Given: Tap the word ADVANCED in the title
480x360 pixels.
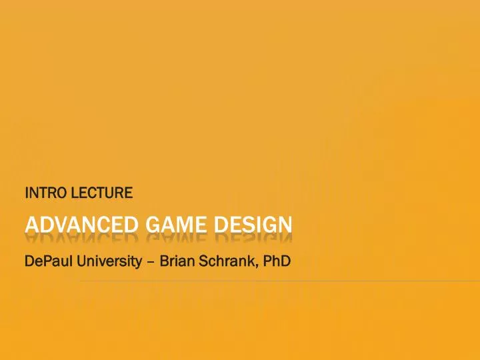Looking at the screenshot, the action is [82, 225].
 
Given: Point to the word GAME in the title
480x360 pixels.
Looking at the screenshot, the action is [176, 225].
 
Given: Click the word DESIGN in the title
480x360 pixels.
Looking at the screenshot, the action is [253, 225].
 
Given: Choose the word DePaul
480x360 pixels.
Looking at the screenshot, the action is [49, 261].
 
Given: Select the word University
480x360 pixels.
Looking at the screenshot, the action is [109, 262].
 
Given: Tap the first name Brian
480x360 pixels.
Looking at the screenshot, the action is [177, 261].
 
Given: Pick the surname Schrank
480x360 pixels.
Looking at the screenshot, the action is [227, 261].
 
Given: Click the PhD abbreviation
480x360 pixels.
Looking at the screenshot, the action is [277, 261].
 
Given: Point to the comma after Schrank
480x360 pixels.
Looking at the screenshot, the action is [257, 266].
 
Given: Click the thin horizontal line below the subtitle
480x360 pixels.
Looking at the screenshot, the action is [280, 281].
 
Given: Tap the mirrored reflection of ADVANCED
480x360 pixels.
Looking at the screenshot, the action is [82, 238].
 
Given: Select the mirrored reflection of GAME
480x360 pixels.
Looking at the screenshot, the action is [176, 238].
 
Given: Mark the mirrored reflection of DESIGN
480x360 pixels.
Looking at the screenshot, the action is [253, 238].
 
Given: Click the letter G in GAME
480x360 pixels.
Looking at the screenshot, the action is [153, 225].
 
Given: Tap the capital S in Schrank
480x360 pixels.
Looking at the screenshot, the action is [204, 261].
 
